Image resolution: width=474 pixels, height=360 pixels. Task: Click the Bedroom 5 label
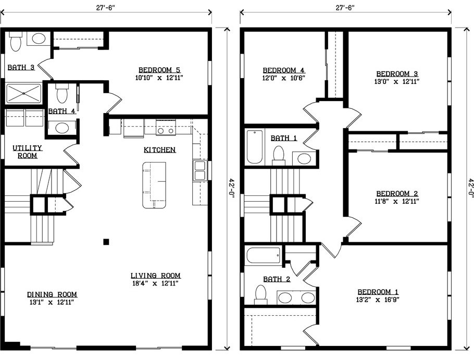click(x=159, y=70)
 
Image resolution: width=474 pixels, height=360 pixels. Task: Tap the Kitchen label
click(x=159, y=150)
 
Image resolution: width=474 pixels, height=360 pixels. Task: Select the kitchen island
click(x=155, y=185)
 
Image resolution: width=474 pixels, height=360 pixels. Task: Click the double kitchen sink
click(x=199, y=170)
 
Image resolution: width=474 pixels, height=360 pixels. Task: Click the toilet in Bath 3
click(x=15, y=41)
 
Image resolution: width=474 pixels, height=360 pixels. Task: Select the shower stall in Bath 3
click(x=23, y=94)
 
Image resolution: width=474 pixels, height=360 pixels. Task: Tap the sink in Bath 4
click(x=62, y=128)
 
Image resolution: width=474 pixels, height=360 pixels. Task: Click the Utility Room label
click(x=27, y=152)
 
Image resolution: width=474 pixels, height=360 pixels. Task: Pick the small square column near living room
click(x=106, y=242)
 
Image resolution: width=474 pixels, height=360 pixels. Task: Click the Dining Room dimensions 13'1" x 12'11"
click(x=52, y=302)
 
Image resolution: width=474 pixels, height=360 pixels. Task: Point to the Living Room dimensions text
click(x=155, y=283)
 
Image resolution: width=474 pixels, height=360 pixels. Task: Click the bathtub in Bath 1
click(x=255, y=146)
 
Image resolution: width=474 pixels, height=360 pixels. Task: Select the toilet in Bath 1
click(x=279, y=155)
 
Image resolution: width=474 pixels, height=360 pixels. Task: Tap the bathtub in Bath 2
click(x=264, y=255)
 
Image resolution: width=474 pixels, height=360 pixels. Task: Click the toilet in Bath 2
click(x=260, y=294)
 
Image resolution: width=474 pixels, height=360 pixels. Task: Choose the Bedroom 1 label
click(x=378, y=292)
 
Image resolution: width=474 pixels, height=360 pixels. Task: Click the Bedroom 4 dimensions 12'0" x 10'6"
click(x=283, y=78)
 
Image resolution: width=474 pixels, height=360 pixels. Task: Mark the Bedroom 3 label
click(x=397, y=74)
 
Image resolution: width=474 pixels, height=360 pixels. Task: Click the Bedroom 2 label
click(x=397, y=193)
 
